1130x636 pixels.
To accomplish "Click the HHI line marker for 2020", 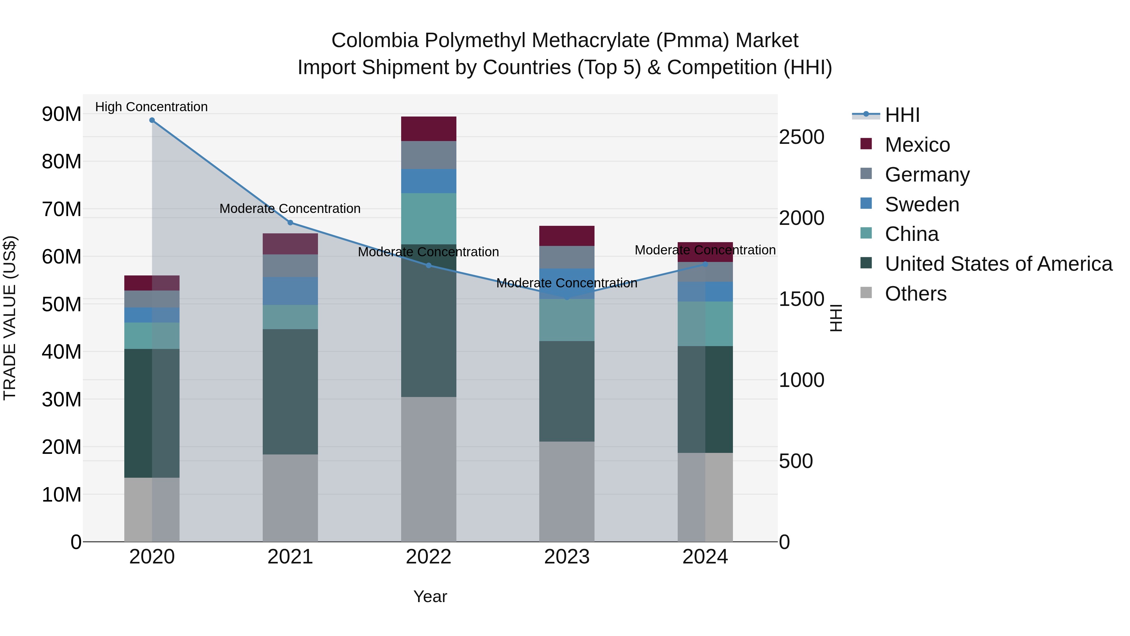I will tap(152, 120).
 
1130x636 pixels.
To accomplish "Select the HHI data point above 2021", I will tap(290, 223).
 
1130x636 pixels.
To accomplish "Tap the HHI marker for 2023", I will tap(567, 297).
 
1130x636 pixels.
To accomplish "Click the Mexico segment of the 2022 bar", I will tap(428, 128).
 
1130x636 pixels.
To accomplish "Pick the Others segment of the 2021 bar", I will tap(290, 498).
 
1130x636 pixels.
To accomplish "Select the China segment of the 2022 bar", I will tap(428, 219).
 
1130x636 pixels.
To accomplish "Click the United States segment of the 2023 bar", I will tap(567, 391).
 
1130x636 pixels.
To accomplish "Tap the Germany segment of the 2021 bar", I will tap(290, 265).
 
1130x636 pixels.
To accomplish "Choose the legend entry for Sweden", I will tap(922, 204).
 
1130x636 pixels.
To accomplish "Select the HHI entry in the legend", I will tap(902, 115).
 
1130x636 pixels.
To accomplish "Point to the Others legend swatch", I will tap(866, 293).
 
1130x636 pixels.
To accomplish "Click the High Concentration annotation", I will tap(151, 107).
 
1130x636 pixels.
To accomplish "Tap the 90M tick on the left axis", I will tap(62, 114).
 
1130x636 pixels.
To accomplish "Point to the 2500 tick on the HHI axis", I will tap(801, 137).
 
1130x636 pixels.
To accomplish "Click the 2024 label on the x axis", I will tap(705, 557).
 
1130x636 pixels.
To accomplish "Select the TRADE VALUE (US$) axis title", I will tap(10, 318).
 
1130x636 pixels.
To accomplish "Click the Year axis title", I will tap(430, 596).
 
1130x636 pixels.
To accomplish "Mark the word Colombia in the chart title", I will tap(374, 41).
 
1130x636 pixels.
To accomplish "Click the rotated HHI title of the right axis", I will tap(836, 318).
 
